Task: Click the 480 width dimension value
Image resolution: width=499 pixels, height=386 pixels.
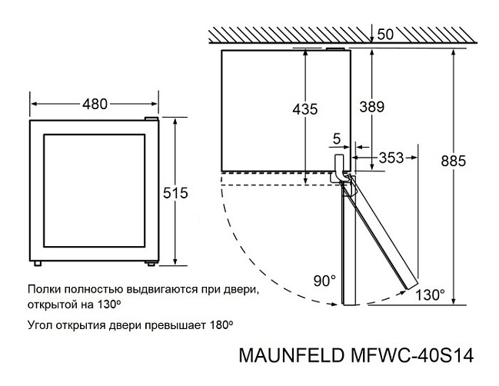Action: click(95, 104)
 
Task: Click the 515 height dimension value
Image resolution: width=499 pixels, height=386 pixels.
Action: click(175, 193)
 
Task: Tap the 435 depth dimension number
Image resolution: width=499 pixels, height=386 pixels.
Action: click(305, 109)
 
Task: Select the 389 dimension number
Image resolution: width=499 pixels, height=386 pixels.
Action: click(371, 107)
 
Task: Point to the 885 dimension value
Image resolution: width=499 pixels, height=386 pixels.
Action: click(454, 161)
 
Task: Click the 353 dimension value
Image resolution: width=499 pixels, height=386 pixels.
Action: click(391, 158)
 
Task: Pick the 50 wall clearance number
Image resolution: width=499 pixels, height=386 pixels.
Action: click(385, 35)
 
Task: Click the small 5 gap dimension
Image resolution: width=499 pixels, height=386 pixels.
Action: click(336, 138)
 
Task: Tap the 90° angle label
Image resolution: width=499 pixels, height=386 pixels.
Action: click(324, 281)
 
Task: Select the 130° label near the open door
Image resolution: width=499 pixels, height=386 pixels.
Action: click(430, 294)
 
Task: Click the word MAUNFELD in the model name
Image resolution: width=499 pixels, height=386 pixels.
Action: click(291, 355)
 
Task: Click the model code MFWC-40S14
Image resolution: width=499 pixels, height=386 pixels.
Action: click(412, 355)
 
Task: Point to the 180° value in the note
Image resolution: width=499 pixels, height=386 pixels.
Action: click(219, 325)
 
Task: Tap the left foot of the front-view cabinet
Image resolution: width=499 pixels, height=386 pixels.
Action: click(38, 264)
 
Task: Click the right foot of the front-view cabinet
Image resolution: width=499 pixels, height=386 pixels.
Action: click(151, 263)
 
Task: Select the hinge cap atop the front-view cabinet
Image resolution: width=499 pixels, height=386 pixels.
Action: click(151, 118)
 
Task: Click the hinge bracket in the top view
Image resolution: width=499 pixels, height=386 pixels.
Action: click(340, 168)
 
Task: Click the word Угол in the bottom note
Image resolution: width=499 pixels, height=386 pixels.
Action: click(40, 325)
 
